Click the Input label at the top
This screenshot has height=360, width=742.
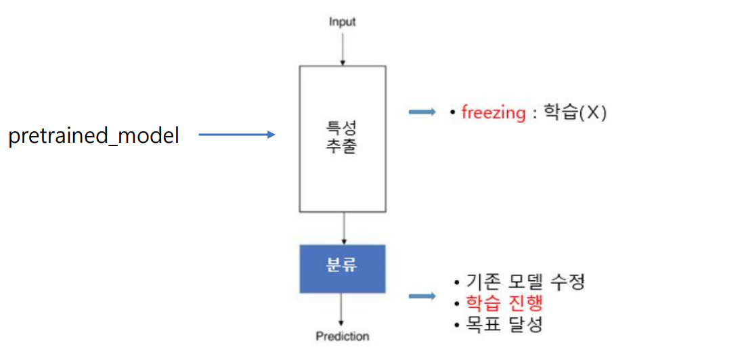pos(343,22)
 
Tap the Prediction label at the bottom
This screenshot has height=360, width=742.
pos(343,336)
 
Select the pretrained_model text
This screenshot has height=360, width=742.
pos(93,136)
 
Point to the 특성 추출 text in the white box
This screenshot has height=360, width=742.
pos(343,137)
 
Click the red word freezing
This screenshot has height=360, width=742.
pos(493,113)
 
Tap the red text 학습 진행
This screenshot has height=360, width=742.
pos(504,302)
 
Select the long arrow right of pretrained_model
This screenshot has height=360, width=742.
pos(237,135)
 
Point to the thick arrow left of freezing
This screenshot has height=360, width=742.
pos(422,113)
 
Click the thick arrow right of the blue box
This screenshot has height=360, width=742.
pos(422,295)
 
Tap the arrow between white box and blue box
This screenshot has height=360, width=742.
pos(345,228)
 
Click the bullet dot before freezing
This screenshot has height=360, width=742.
pos(452,113)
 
